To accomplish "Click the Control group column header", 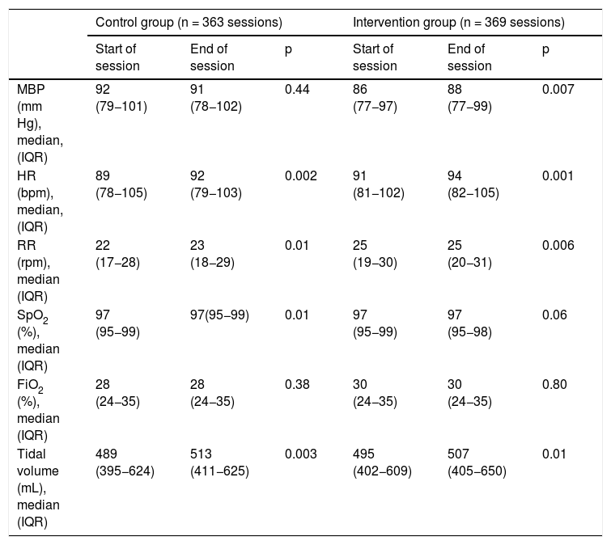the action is tap(189, 23).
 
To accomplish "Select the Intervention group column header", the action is tap(459, 23).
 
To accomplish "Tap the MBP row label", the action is tap(40, 123).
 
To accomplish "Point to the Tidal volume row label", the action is tap(38, 488).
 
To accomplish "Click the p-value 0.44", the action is tap(297, 89).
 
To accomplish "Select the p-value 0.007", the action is tap(558, 89).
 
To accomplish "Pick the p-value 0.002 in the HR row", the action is tap(300, 176).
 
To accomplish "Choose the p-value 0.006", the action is tap(558, 245).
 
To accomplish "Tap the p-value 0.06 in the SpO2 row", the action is tap(554, 315).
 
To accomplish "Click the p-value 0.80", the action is tap(554, 384).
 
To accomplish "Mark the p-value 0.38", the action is tap(297, 384).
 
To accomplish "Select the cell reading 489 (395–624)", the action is tap(125, 463).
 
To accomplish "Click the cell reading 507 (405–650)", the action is tap(477, 463).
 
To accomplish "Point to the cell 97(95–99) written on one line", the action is tap(219, 315).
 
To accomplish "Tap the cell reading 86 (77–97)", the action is tap(375, 98).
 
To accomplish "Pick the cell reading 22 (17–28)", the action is tap(117, 254).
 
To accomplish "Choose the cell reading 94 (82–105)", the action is tap(473, 184).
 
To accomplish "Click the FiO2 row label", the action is tap(38, 410).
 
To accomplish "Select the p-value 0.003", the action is tap(300, 454).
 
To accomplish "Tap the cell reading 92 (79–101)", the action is tap(121, 98).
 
